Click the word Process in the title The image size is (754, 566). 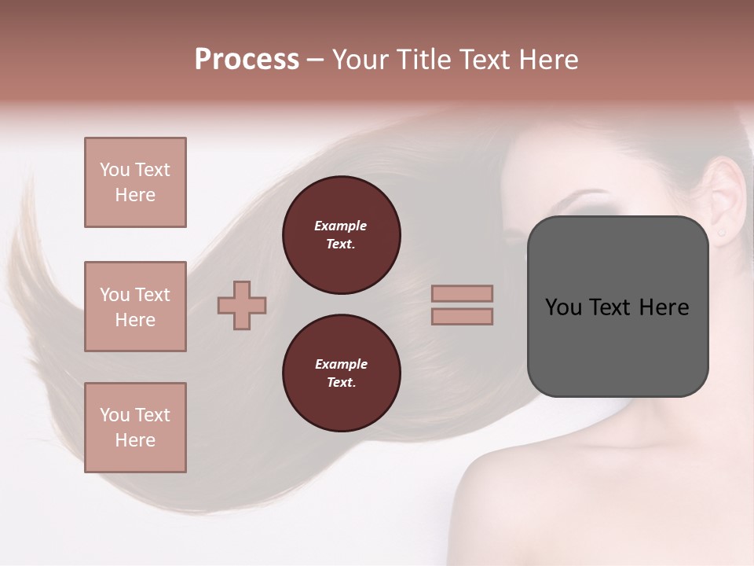247,60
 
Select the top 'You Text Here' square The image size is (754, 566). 135,182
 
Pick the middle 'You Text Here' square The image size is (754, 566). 135,307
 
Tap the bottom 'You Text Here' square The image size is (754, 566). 135,428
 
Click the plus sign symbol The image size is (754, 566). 242,305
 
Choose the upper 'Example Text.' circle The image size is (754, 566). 342,235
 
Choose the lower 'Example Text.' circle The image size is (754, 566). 342,373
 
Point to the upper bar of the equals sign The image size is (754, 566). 463,293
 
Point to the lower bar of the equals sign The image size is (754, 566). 463,316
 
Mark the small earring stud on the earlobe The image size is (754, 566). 721,232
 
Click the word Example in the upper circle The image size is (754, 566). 341,226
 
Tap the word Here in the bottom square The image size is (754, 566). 135,440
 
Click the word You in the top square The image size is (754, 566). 115,170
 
